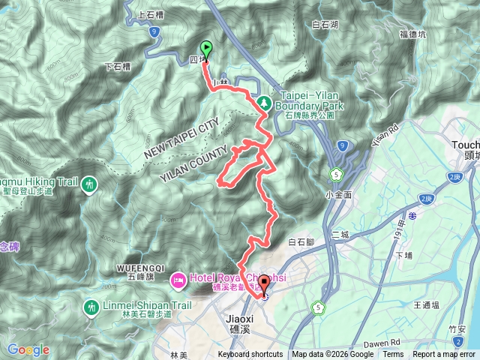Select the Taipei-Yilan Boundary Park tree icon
click(262, 101)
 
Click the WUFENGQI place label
click(140, 267)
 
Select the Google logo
click(28, 349)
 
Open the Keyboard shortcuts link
click(250, 355)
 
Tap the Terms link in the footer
click(393, 355)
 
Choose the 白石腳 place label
click(301, 242)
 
